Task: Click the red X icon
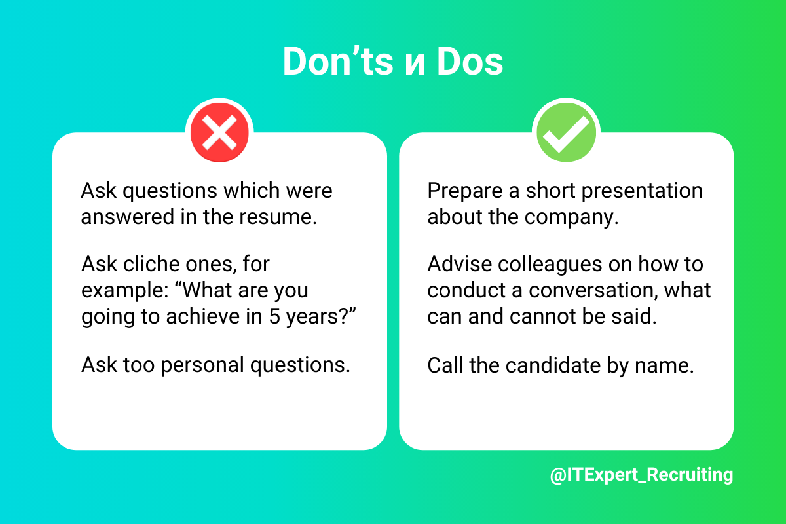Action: [219, 132]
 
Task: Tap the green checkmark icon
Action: [566, 132]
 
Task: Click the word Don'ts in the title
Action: [338, 61]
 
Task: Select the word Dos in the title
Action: [470, 62]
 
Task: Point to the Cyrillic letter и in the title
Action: [415, 65]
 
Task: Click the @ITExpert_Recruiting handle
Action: [641, 475]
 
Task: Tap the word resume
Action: [278, 217]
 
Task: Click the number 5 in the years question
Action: [274, 316]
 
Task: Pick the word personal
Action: [202, 365]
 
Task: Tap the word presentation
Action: [642, 192]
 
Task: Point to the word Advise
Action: [460, 263]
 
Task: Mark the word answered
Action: [127, 217]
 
